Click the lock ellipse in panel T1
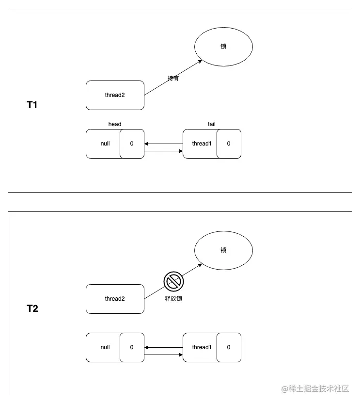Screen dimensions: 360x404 pos(223,47)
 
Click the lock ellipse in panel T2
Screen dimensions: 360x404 pos(223,250)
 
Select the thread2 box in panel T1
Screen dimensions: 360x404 pos(115,95)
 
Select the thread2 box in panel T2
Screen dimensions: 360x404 pos(115,299)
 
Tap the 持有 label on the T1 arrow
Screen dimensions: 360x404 pos(173,79)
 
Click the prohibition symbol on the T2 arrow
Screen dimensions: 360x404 pos(172,281)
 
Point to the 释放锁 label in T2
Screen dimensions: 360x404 pos(173,299)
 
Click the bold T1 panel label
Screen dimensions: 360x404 pos(32,104)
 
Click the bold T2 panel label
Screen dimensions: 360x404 pos(32,308)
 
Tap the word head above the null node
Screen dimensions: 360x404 pos(115,124)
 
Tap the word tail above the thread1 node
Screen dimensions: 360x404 pos(212,124)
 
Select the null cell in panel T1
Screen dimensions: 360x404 pos(104,144)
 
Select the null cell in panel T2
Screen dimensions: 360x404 pos(104,347)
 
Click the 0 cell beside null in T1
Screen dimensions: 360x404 pos(132,144)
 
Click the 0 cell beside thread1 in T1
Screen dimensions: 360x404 pos(229,144)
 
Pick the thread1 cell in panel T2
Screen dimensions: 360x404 pos(201,347)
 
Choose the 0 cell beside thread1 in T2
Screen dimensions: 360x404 pos(229,347)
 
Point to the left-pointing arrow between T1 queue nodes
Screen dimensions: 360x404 pos(163,144)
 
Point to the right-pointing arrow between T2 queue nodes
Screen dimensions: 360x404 pos(163,355)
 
